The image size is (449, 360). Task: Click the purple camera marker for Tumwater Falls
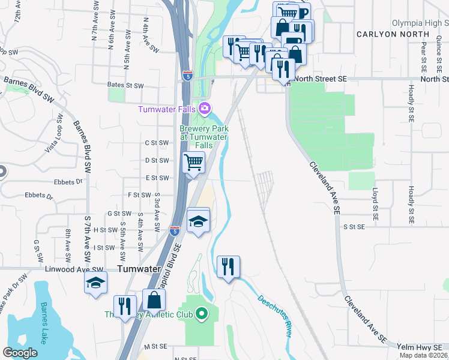coord(205,109)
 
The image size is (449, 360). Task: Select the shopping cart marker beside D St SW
coord(193,162)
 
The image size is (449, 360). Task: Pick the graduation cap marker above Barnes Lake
coord(95,283)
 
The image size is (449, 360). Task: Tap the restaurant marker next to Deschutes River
coord(228,266)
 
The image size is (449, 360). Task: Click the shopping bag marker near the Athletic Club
coord(154,299)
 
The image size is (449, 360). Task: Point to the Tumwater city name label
coord(139,269)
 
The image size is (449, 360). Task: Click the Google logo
coord(20,353)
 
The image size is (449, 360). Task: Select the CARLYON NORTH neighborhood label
coord(385,34)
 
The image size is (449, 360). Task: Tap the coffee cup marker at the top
coord(302,13)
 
